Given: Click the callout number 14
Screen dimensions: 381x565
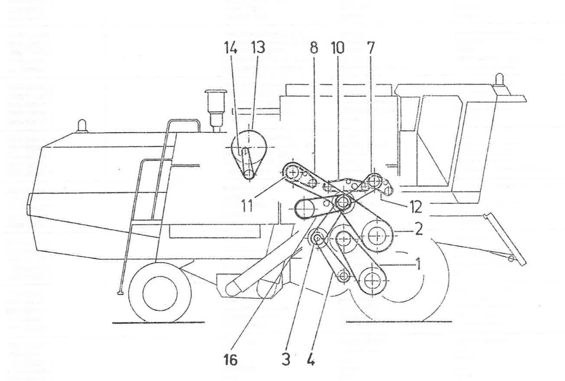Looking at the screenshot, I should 232,48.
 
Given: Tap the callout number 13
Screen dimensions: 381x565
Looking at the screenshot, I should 257,48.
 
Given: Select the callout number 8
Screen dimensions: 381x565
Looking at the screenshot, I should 314,48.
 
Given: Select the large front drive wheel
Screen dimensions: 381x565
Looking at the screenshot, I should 398,283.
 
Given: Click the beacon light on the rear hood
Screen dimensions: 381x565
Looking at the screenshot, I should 83,126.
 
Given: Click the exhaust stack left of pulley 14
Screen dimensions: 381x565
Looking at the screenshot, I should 215,107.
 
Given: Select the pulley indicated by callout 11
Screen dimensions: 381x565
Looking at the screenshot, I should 293,173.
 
